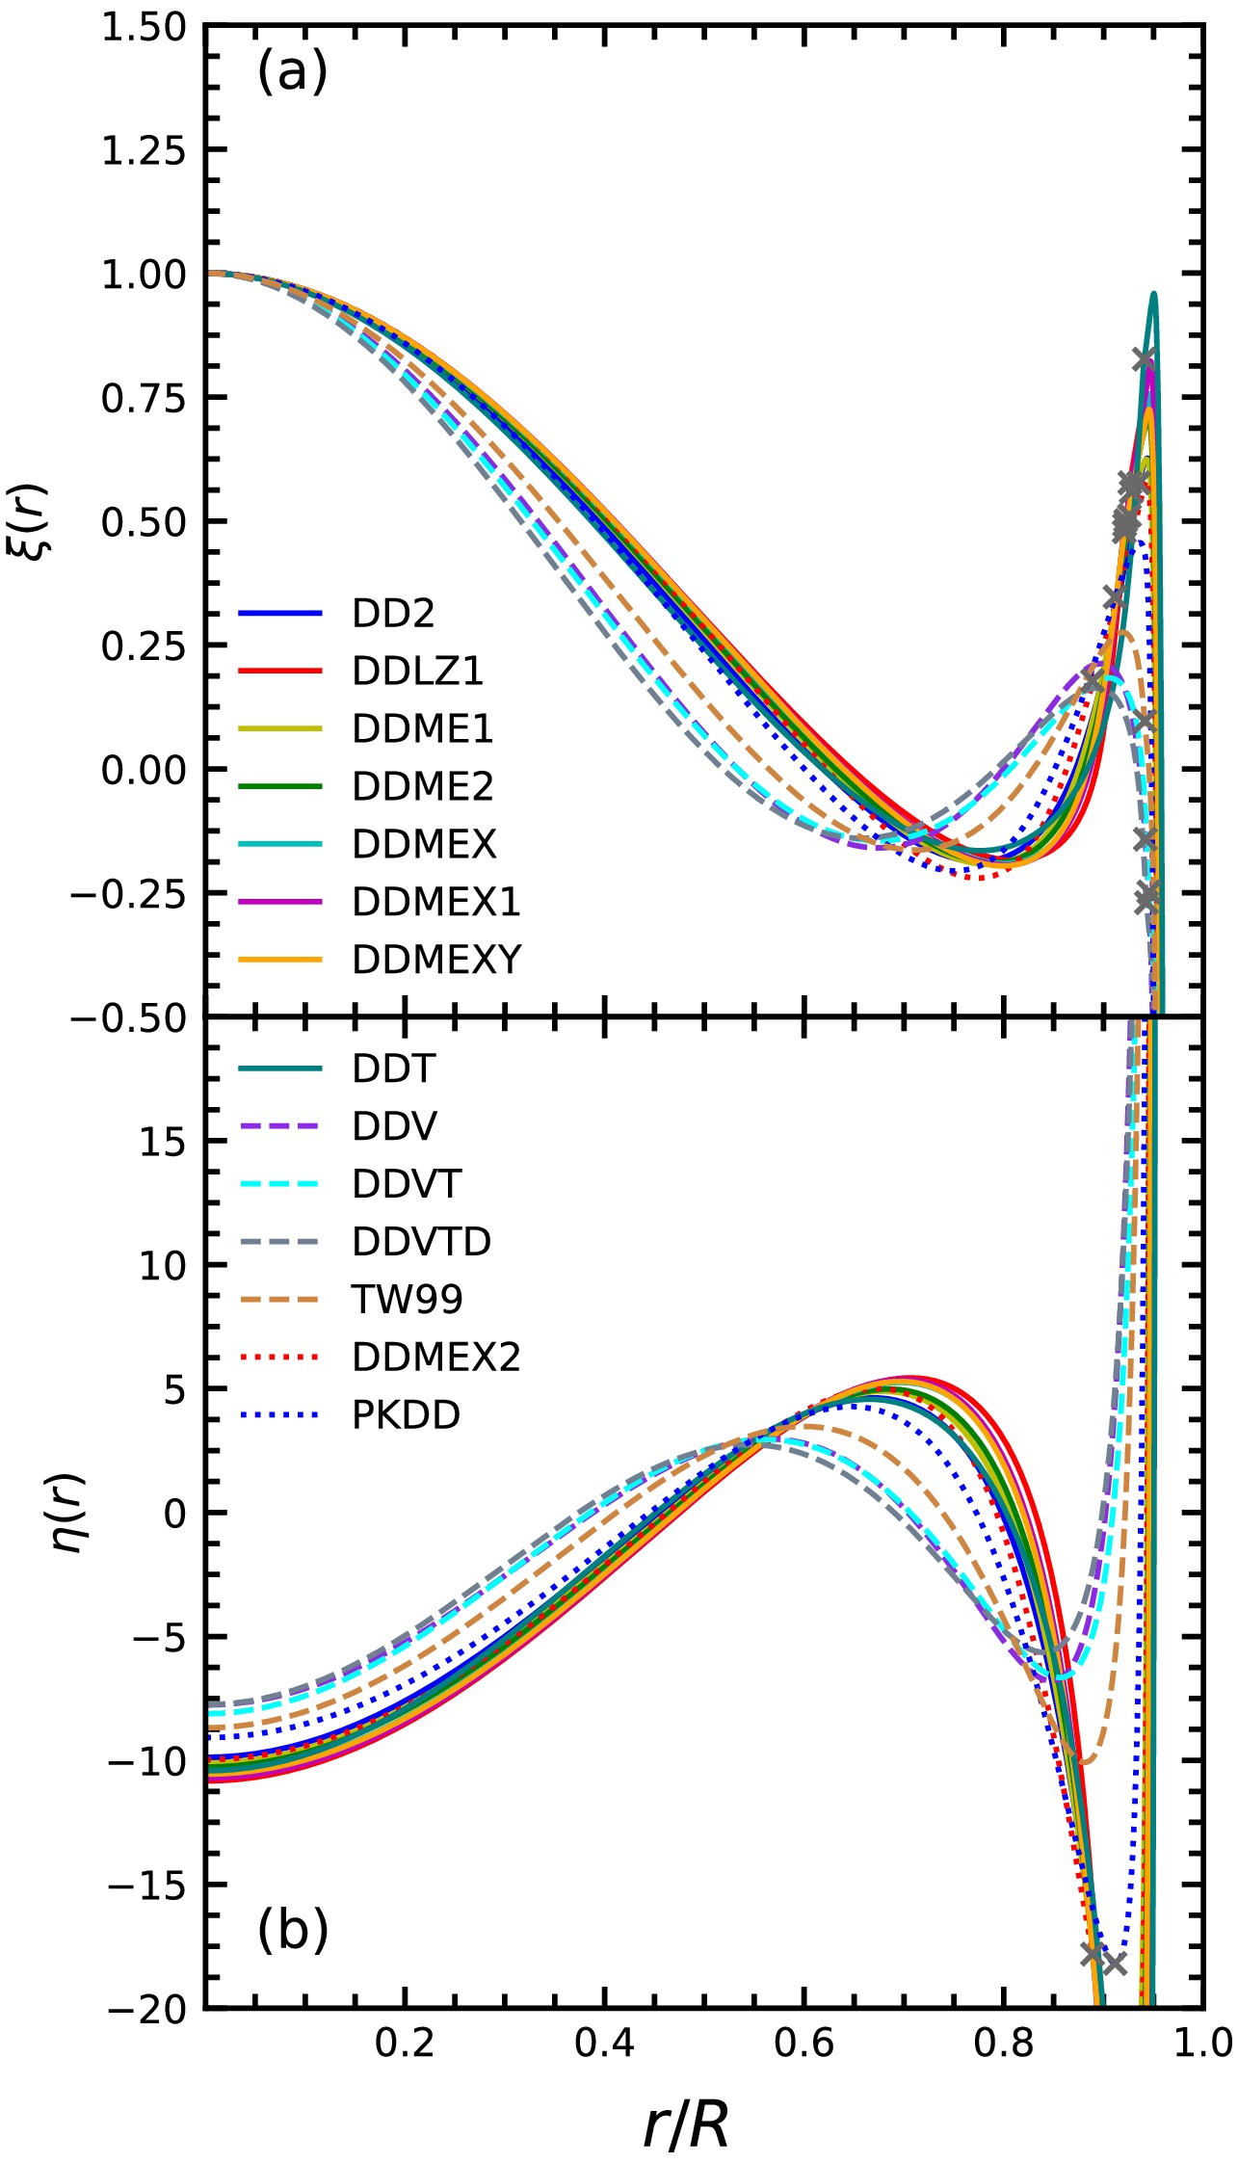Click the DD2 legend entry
coord(393,614)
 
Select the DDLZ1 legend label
coord(417,672)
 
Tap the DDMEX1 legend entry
coord(435,902)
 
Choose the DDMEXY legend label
coord(436,960)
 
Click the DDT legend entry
coord(393,1068)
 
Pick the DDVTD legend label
coord(421,1241)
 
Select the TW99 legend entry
coord(407,1299)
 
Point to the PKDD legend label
coord(406,1414)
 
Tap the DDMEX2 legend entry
coord(435,1357)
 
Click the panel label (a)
coord(292,72)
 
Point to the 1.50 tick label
coord(144,27)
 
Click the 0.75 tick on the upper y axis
coord(144,398)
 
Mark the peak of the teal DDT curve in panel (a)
coord(1152,294)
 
